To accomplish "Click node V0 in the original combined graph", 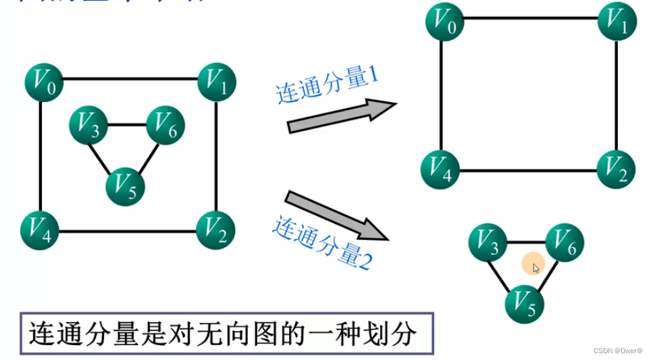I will [x=44, y=83].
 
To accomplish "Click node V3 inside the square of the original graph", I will [x=88, y=124].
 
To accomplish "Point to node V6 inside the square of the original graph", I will [x=165, y=124].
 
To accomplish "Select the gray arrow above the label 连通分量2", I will [x=337, y=215].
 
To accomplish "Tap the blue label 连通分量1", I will [x=327, y=85].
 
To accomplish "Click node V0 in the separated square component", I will [x=444, y=21].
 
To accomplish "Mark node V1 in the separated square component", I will [x=617, y=21].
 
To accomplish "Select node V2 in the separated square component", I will [x=617, y=170].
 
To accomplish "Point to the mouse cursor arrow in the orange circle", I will [x=536, y=267].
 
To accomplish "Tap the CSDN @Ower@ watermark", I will [x=618, y=351].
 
